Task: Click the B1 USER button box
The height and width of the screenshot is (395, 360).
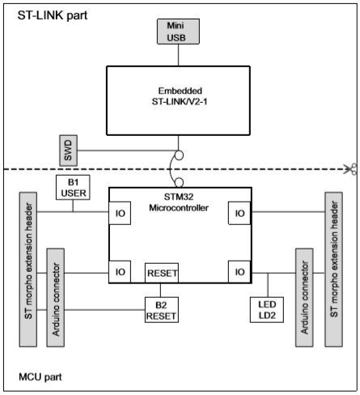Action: point(72,187)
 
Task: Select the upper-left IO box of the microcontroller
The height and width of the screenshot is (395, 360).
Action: point(121,213)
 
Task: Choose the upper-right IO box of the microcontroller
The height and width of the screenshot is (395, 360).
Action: point(239,213)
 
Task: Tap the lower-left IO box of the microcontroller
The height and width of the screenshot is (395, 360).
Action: point(121,273)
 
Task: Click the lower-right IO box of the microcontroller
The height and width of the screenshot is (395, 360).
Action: point(239,273)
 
